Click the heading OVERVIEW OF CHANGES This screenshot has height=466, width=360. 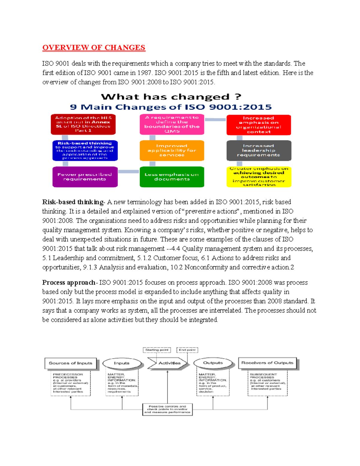coord(94,48)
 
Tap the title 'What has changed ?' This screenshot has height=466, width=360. coord(171,97)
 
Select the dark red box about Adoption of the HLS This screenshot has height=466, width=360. coord(83,124)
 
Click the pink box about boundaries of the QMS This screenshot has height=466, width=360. coord(172,124)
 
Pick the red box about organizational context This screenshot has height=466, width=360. coord(259,125)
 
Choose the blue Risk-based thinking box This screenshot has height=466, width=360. coord(85,151)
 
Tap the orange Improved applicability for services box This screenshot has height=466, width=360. coord(172,151)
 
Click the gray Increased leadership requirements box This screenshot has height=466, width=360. coord(259,151)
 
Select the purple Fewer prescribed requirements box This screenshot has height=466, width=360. coord(85,177)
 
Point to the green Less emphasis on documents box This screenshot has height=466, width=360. coord(172,177)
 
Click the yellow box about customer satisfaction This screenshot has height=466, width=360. coord(259,177)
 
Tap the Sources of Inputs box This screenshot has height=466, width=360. coord(70,363)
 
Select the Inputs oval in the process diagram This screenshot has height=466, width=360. coord(122,363)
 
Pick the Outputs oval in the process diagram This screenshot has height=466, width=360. coord(213,363)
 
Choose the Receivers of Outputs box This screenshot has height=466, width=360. coord(267,363)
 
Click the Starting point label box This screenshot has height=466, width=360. coord(157,350)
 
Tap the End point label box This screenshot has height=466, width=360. coord(187,350)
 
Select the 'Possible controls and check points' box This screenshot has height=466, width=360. coord(167,409)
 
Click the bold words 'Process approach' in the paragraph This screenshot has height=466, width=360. coord(69,283)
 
